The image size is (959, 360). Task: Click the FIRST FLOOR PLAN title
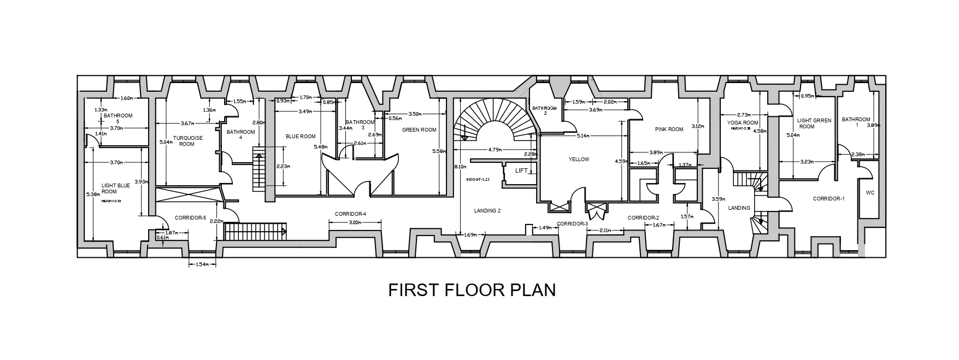(472, 290)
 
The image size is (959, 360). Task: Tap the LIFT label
(521, 171)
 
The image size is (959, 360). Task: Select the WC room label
(869, 193)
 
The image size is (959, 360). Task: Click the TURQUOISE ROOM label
(187, 141)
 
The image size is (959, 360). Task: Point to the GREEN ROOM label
(419, 130)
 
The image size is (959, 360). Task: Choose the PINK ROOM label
(669, 129)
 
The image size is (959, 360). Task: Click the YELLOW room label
(579, 160)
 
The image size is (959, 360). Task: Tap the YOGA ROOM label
(743, 123)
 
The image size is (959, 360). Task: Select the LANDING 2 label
(487, 210)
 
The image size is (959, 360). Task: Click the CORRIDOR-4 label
(350, 213)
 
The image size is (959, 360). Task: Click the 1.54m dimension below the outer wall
(203, 264)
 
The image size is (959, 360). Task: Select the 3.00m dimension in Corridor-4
(355, 222)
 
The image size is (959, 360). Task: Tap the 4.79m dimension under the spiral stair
(495, 149)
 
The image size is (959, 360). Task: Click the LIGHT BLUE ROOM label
(116, 188)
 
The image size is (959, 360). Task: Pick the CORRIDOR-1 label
(828, 199)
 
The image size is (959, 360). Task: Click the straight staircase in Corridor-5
(256, 231)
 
